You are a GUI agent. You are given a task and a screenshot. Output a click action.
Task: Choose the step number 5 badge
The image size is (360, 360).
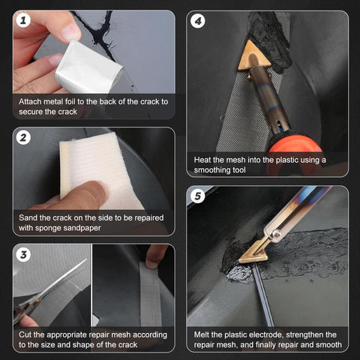coord(198,197)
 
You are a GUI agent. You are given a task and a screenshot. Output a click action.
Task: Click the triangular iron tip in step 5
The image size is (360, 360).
coord(254,251)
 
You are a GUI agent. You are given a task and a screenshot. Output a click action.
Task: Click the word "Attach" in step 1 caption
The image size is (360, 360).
coord(31,100)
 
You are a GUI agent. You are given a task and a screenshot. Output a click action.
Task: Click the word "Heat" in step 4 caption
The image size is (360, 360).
coord(205,160)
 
